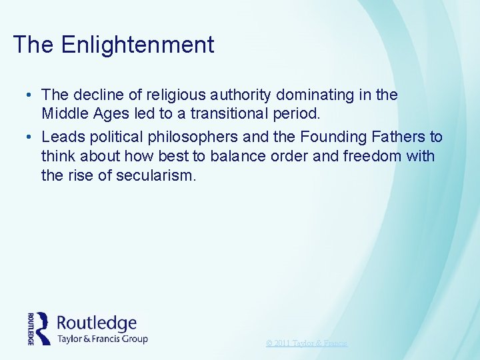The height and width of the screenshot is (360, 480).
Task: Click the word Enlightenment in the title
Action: click(137, 45)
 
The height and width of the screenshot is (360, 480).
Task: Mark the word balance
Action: click(244, 157)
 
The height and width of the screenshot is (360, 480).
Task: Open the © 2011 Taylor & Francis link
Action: click(307, 343)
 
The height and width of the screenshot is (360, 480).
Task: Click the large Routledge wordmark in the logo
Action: click(97, 323)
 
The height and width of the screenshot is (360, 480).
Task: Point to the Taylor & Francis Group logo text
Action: click(103, 339)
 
